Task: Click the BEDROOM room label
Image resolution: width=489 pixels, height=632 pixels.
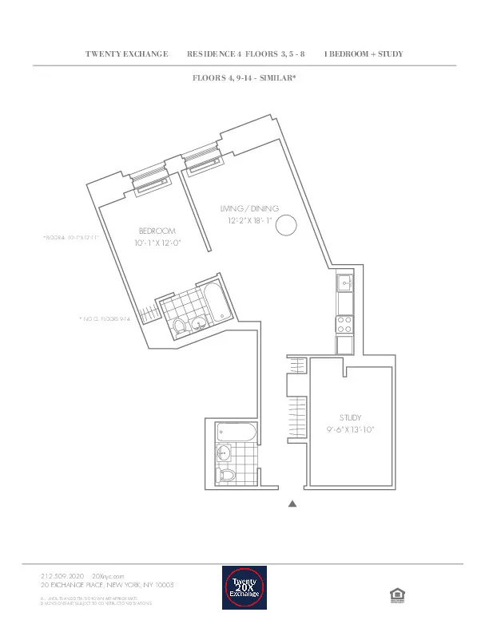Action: [157, 231]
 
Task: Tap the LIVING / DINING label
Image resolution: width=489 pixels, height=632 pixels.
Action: [249, 208]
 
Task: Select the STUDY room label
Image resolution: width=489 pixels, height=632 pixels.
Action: [350, 417]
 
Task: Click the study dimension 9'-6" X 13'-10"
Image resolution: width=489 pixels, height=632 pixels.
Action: [350, 429]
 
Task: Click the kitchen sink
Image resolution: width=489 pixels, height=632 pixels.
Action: [344, 282]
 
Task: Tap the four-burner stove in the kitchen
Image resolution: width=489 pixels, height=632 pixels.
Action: [344, 324]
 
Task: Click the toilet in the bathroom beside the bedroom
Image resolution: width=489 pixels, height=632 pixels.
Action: [179, 326]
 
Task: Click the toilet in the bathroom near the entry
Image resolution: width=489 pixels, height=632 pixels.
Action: [227, 476]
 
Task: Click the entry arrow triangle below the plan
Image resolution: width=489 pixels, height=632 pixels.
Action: [292, 504]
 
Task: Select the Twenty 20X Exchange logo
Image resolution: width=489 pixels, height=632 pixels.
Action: [245, 589]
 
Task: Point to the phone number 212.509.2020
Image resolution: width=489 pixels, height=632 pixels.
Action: [62, 575]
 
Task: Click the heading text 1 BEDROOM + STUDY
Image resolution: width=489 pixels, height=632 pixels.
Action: [363, 54]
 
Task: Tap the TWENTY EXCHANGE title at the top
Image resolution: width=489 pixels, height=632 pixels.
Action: [126, 54]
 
